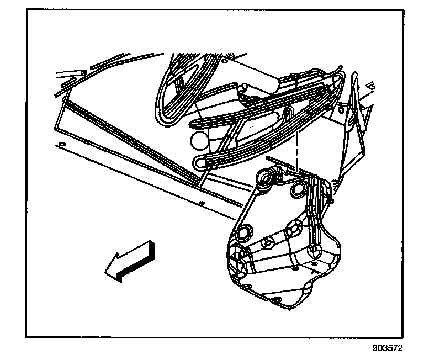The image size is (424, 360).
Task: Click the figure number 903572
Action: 388,348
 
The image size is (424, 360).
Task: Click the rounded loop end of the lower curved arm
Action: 200,162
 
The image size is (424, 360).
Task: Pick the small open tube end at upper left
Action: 70,72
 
